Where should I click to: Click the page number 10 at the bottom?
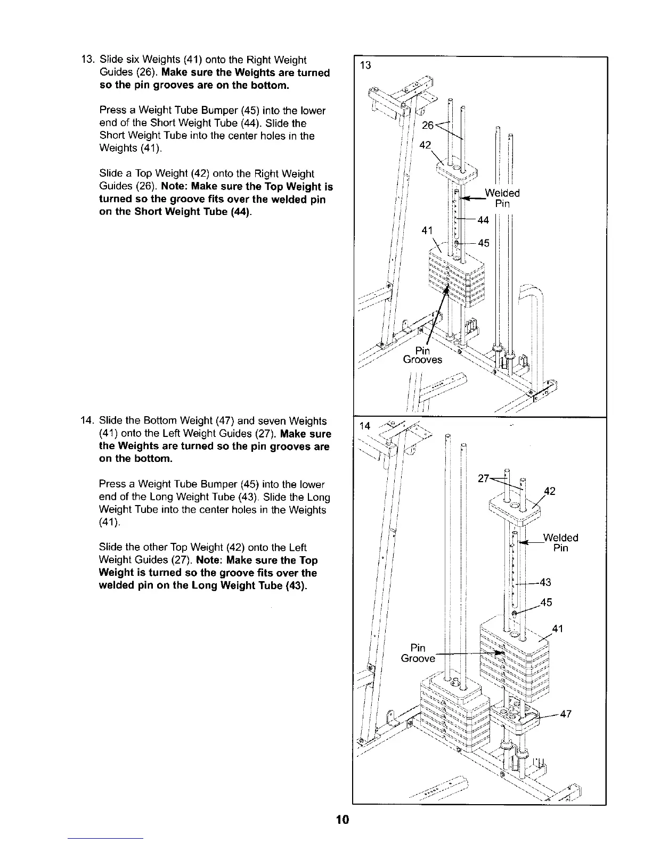click(x=342, y=819)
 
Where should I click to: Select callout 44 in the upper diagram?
click(x=483, y=220)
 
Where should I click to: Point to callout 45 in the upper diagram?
click(x=484, y=243)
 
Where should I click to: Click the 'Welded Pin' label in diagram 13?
click(x=502, y=198)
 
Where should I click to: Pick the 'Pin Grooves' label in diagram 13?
click(x=422, y=355)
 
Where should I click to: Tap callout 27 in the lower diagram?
click(x=484, y=478)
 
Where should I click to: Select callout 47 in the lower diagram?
click(x=566, y=714)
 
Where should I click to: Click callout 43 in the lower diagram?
click(x=545, y=582)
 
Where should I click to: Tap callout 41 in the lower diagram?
click(x=558, y=629)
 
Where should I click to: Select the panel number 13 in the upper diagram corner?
click(x=365, y=65)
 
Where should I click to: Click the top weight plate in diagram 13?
click(x=456, y=170)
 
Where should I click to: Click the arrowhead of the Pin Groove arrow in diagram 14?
click(x=501, y=653)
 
